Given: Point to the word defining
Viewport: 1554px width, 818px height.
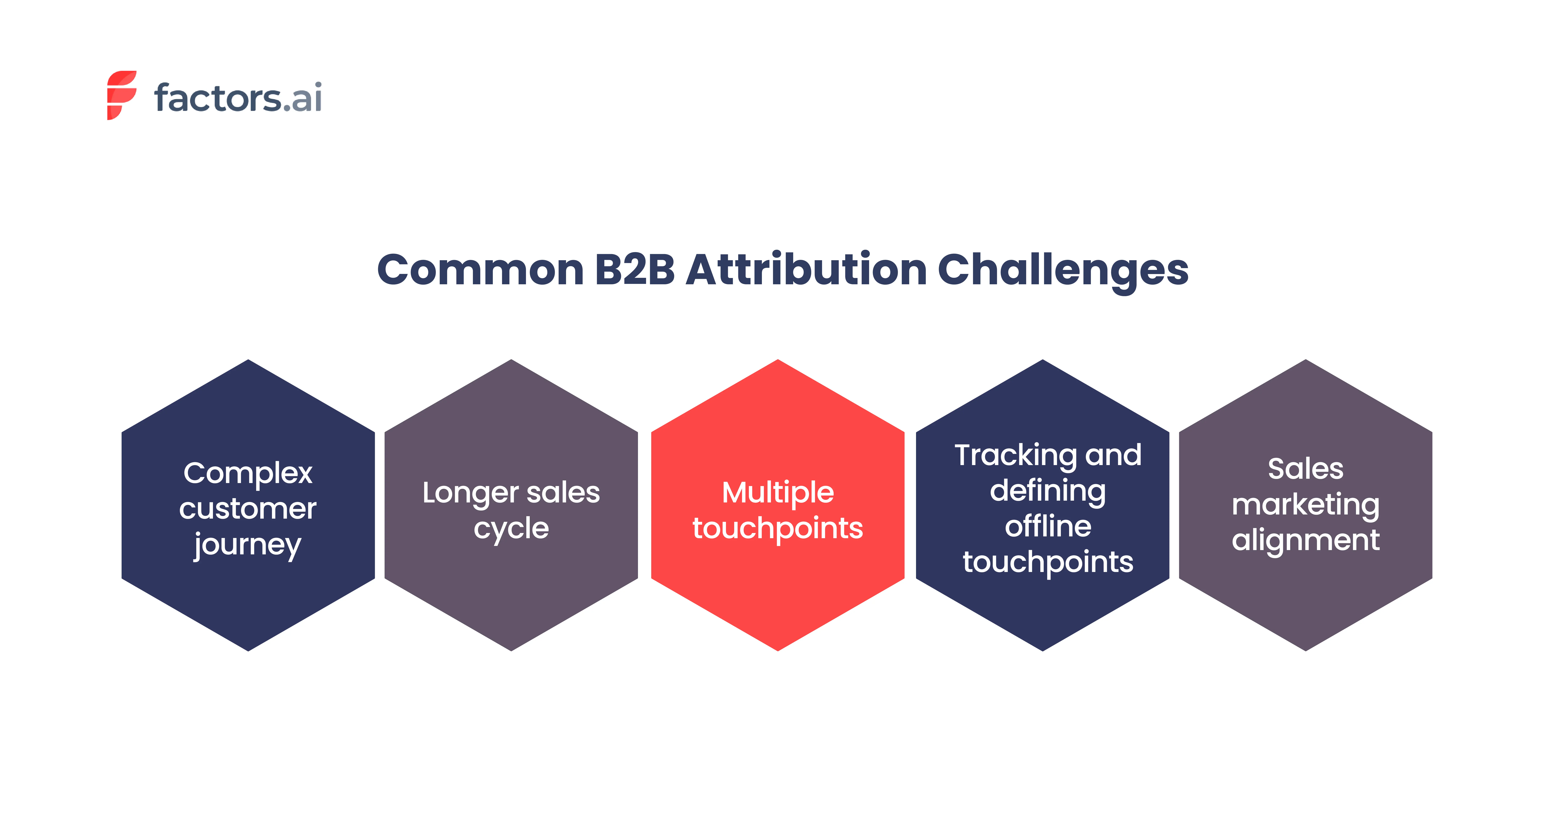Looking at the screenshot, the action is click(x=1048, y=492).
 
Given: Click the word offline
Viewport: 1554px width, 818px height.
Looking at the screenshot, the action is click(x=1048, y=526).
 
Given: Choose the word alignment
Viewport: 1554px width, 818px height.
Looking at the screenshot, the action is click(x=1305, y=541).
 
